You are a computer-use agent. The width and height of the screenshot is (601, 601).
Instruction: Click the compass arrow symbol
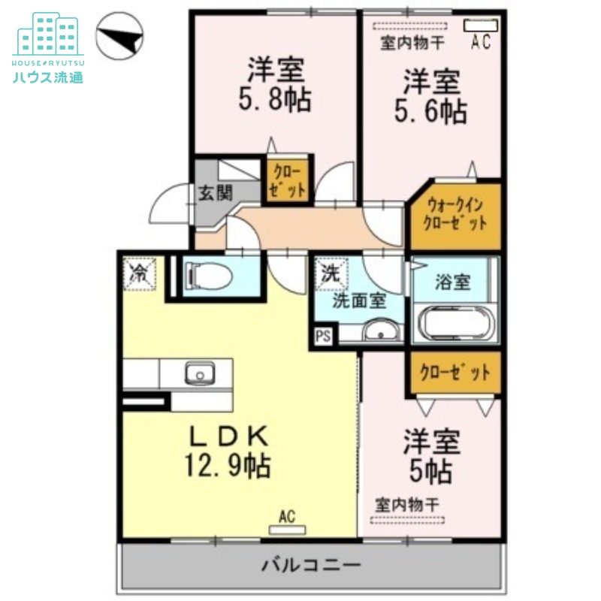[120, 37]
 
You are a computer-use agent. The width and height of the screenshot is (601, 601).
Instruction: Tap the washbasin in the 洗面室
[382, 331]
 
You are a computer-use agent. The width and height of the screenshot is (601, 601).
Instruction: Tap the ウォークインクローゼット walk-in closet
[455, 213]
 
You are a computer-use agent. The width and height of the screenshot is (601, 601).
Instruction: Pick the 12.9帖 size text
[228, 467]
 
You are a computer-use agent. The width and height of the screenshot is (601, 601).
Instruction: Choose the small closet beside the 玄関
[288, 180]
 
